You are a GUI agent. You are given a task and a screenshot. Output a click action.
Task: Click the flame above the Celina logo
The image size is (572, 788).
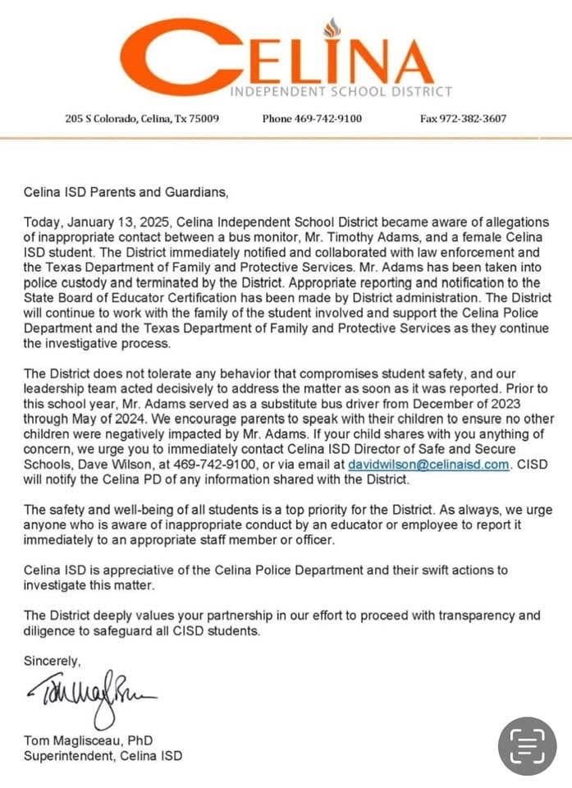(x=332, y=28)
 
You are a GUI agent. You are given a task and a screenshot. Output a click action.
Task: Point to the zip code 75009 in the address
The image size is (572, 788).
(x=203, y=118)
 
